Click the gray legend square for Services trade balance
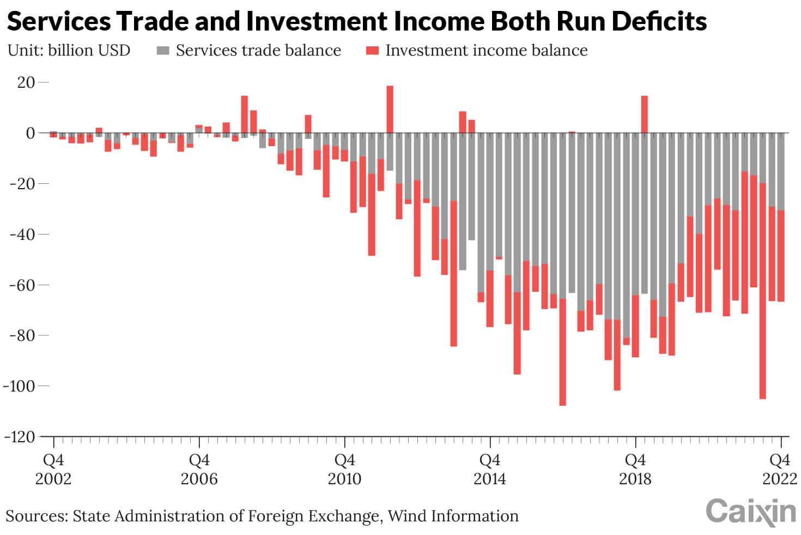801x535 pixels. [163, 51]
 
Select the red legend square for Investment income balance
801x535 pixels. [372, 51]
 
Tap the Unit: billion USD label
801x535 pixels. [69, 50]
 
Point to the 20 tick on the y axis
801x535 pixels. [26, 82]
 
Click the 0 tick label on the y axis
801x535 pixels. [31, 133]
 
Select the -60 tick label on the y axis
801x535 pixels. [22, 285]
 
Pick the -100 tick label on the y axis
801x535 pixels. [19, 386]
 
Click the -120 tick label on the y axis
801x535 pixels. [19, 437]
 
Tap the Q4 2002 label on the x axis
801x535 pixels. [53, 469]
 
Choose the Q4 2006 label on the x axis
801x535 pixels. [199, 469]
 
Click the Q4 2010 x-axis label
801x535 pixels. [344, 469]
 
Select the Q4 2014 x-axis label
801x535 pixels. [489, 469]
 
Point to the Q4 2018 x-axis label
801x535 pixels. [635, 469]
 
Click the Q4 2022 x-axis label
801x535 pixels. [780, 469]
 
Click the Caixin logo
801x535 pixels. [750, 512]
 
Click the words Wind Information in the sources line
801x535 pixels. [453, 516]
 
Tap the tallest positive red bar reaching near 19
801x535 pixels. [390, 109]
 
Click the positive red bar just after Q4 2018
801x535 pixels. [644, 114]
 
